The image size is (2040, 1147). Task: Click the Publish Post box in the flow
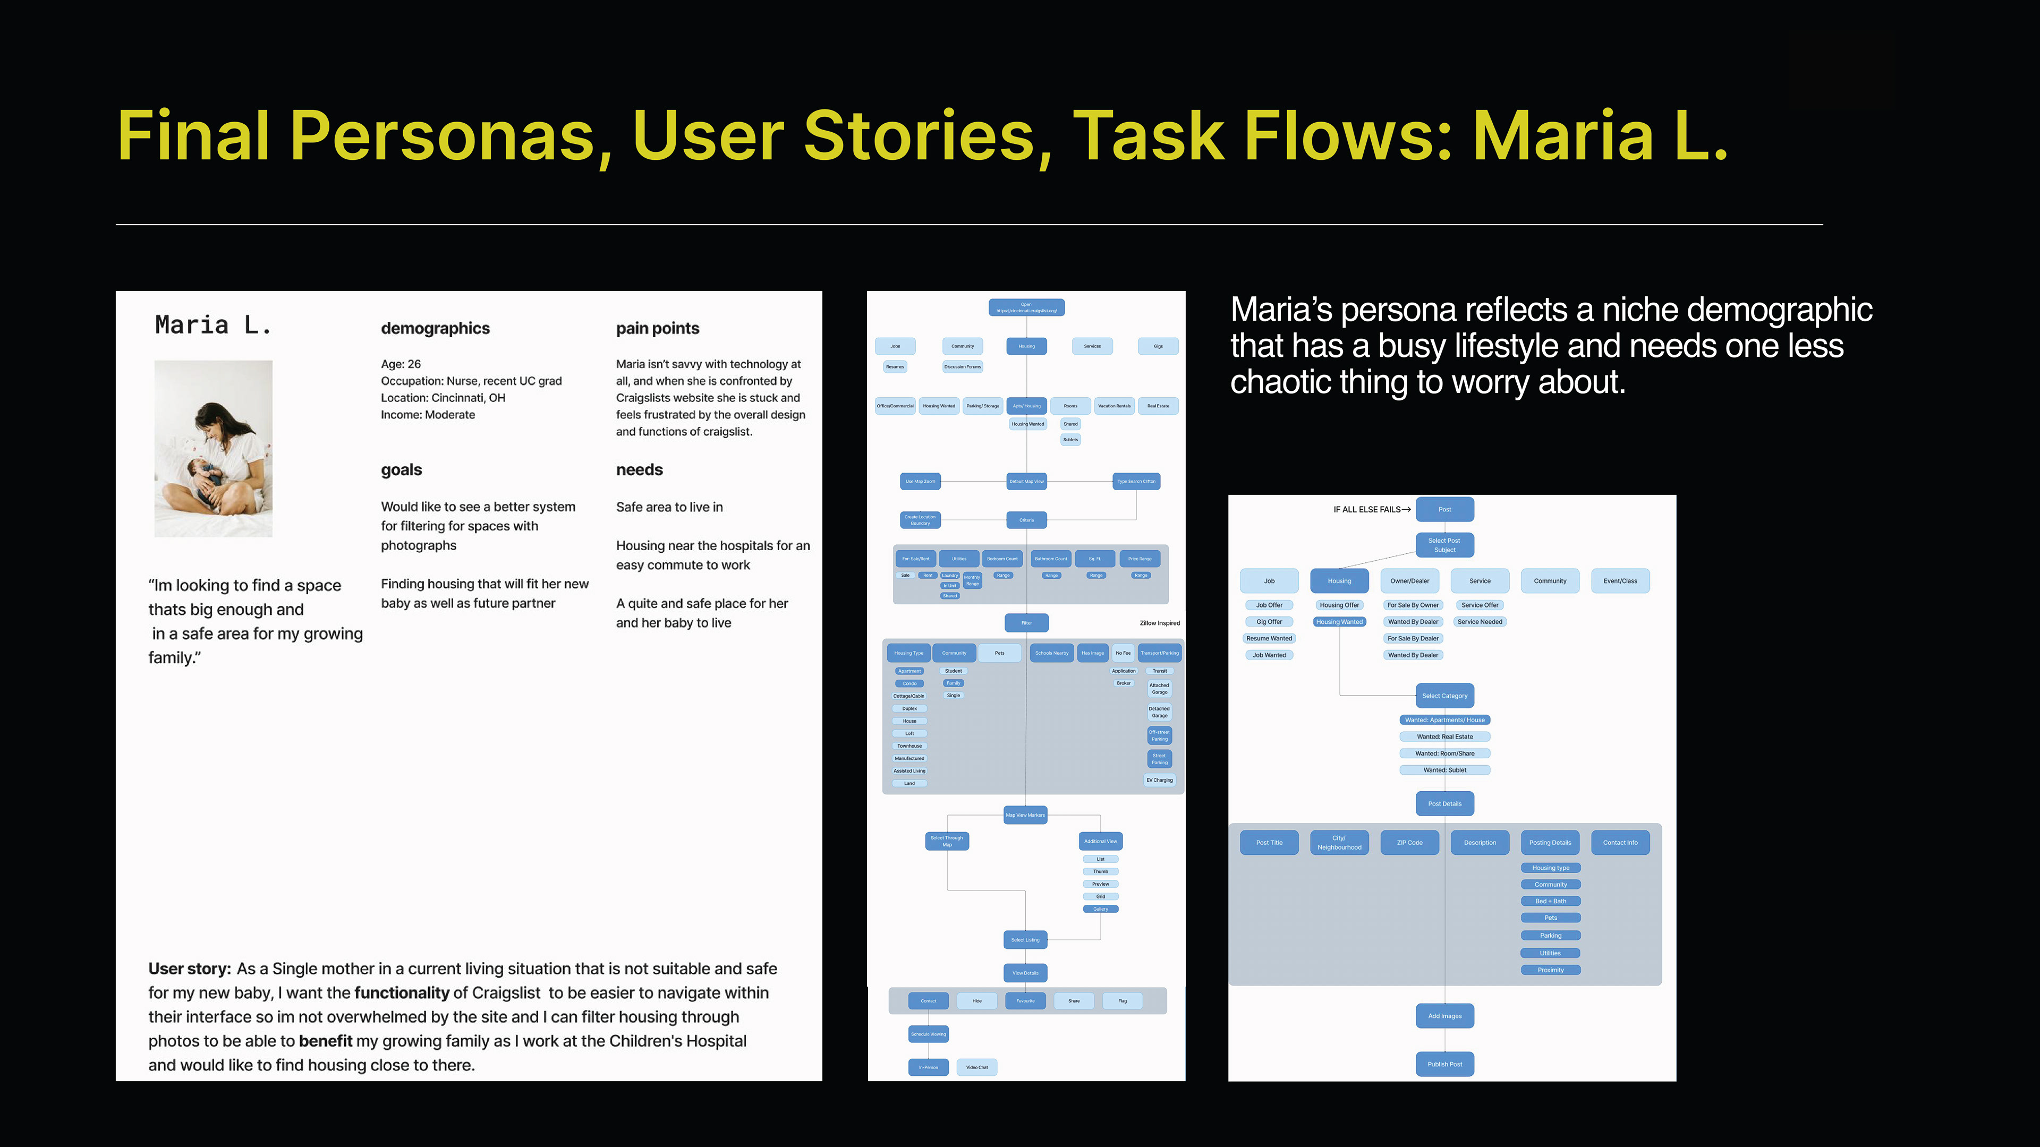pyautogui.click(x=1444, y=1064)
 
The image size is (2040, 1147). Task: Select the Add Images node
pyautogui.click(x=1444, y=1016)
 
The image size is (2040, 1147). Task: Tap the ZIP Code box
pyautogui.click(x=1409, y=842)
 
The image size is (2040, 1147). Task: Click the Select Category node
pyautogui.click(x=1444, y=696)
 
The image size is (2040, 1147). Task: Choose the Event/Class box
pyautogui.click(x=1620, y=581)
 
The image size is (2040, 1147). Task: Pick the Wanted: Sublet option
pyautogui.click(x=1444, y=770)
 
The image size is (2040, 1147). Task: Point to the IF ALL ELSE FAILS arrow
pyautogui.click(x=1406, y=510)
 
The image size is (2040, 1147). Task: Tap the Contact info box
pyautogui.click(x=1620, y=842)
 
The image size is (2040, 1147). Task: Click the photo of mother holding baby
pyautogui.click(x=213, y=449)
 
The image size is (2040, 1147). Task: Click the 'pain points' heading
pyautogui.click(x=657, y=329)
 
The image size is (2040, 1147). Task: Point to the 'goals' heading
pyautogui.click(x=402, y=470)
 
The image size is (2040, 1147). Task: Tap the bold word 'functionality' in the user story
pyautogui.click(x=402, y=992)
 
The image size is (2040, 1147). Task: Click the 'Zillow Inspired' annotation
pyautogui.click(x=1159, y=623)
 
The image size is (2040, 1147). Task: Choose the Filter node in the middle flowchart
pyautogui.click(x=1026, y=623)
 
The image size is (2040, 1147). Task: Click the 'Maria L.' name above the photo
pyautogui.click(x=213, y=324)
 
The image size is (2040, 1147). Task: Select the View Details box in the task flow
pyautogui.click(x=1025, y=973)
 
